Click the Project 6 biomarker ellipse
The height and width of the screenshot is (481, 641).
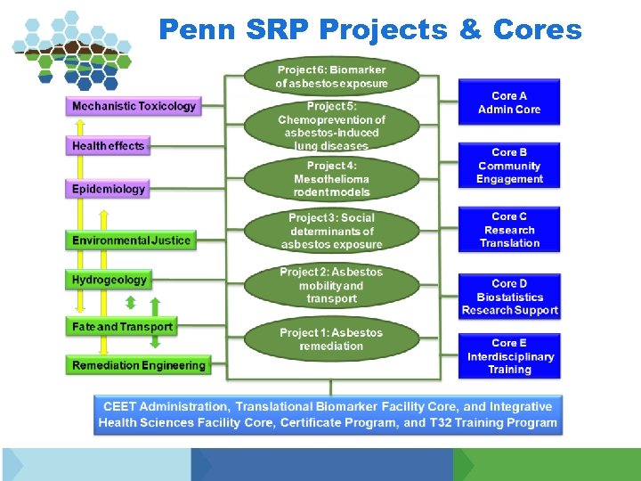point(331,76)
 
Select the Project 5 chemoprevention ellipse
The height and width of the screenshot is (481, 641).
point(331,126)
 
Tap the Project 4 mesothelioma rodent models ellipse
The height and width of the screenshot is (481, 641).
point(331,178)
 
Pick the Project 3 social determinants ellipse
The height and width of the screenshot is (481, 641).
point(331,231)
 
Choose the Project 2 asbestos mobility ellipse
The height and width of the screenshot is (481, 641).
point(331,285)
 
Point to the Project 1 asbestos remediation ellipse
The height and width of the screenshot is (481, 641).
point(331,339)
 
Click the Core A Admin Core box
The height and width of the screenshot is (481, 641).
point(509,102)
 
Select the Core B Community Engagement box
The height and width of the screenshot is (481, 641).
point(509,166)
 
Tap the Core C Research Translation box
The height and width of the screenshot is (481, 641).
point(509,230)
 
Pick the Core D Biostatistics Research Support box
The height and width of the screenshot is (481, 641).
point(509,297)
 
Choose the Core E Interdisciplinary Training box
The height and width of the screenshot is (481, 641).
point(509,355)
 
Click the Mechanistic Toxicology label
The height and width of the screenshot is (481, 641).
point(134,106)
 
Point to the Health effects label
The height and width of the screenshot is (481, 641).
point(108,145)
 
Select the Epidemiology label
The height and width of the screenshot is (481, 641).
point(109,189)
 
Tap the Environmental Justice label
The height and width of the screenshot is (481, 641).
point(131,240)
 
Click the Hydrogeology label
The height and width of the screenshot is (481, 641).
point(110,280)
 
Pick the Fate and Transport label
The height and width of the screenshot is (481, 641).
point(122,327)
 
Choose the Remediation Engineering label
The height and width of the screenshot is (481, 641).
point(138,365)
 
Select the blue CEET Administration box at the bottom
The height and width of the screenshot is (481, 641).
point(328,414)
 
